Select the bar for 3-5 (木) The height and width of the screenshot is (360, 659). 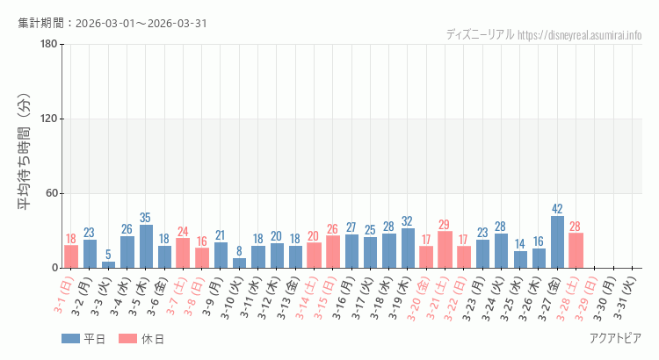click(x=146, y=247)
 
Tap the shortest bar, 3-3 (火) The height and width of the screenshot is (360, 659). click(x=108, y=264)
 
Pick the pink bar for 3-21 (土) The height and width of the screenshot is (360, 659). click(x=445, y=250)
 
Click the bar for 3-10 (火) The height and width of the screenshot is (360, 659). click(x=239, y=263)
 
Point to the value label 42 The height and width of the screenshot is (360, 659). click(x=557, y=209)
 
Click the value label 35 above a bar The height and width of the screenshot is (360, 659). click(x=146, y=218)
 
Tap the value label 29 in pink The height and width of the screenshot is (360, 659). click(x=445, y=225)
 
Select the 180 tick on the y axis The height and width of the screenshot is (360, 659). click(x=48, y=45)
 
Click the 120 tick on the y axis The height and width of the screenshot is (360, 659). click(x=48, y=119)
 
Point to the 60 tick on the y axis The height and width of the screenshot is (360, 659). click(x=51, y=194)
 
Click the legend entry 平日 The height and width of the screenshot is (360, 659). click(x=83, y=339)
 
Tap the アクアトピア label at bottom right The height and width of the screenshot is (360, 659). click(x=615, y=339)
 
